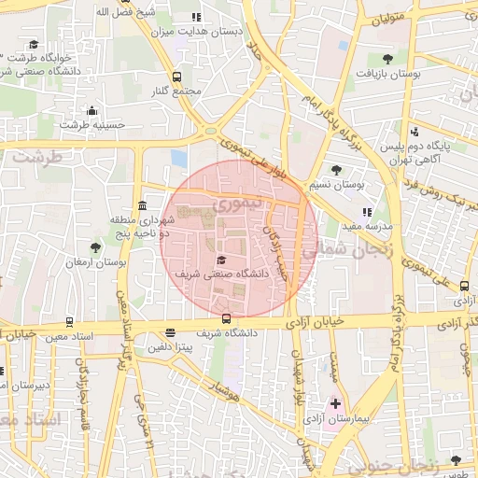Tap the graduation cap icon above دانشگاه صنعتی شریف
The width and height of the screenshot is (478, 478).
[221, 260]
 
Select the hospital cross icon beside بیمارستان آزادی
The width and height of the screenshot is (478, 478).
[336, 402]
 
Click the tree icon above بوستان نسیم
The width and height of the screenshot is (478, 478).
[336, 170]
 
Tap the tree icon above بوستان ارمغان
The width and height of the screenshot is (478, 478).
[96, 247]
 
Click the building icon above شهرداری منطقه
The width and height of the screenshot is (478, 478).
[141, 205]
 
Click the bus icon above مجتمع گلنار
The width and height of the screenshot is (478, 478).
[177, 77]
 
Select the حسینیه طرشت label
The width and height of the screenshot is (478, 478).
[86, 124]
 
